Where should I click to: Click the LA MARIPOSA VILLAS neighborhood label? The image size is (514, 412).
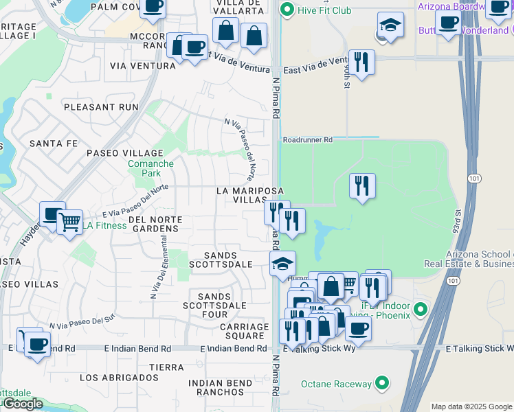(x=241, y=194)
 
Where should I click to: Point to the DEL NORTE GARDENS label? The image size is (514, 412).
(x=155, y=225)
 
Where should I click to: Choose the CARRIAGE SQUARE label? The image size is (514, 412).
(x=244, y=331)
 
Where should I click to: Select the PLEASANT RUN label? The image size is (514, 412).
(x=101, y=107)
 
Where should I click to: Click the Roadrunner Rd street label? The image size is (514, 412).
(x=307, y=139)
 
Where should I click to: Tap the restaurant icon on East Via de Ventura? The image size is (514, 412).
(x=360, y=62)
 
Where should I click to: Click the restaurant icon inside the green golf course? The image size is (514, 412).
(x=361, y=185)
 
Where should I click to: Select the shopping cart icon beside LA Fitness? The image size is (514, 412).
(x=69, y=222)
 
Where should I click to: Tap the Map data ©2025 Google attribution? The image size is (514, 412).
(x=471, y=407)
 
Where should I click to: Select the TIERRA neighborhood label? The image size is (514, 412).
(x=166, y=367)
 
